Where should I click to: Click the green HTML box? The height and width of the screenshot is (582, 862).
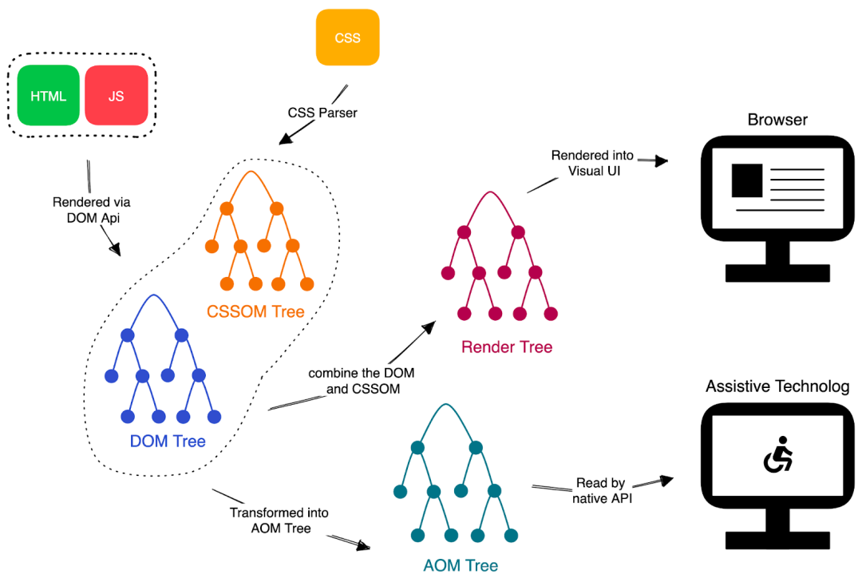pyautogui.click(x=48, y=96)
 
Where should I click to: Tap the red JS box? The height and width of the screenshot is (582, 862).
pyautogui.click(x=117, y=96)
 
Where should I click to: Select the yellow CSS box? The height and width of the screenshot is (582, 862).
pyautogui.click(x=347, y=38)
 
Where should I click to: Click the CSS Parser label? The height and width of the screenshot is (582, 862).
pyautogui.click(x=322, y=113)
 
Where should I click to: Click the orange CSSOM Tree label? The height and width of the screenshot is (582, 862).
pyautogui.click(x=255, y=311)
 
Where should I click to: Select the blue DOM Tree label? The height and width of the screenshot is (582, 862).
pyautogui.click(x=168, y=441)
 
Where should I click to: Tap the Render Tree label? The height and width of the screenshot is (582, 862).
pyautogui.click(x=507, y=346)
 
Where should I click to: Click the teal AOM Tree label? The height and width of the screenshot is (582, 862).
pyautogui.click(x=461, y=565)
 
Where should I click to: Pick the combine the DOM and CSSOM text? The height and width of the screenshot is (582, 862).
pyautogui.click(x=361, y=382)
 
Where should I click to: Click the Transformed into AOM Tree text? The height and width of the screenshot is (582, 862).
pyautogui.click(x=279, y=521)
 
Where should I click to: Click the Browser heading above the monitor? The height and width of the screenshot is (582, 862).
pyautogui.click(x=777, y=120)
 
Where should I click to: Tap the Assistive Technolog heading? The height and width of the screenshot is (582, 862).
pyautogui.click(x=777, y=386)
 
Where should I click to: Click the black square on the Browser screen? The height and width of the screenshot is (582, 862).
pyautogui.click(x=746, y=180)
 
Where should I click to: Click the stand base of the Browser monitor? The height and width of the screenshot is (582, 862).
pyautogui.click(x=777, y=272)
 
